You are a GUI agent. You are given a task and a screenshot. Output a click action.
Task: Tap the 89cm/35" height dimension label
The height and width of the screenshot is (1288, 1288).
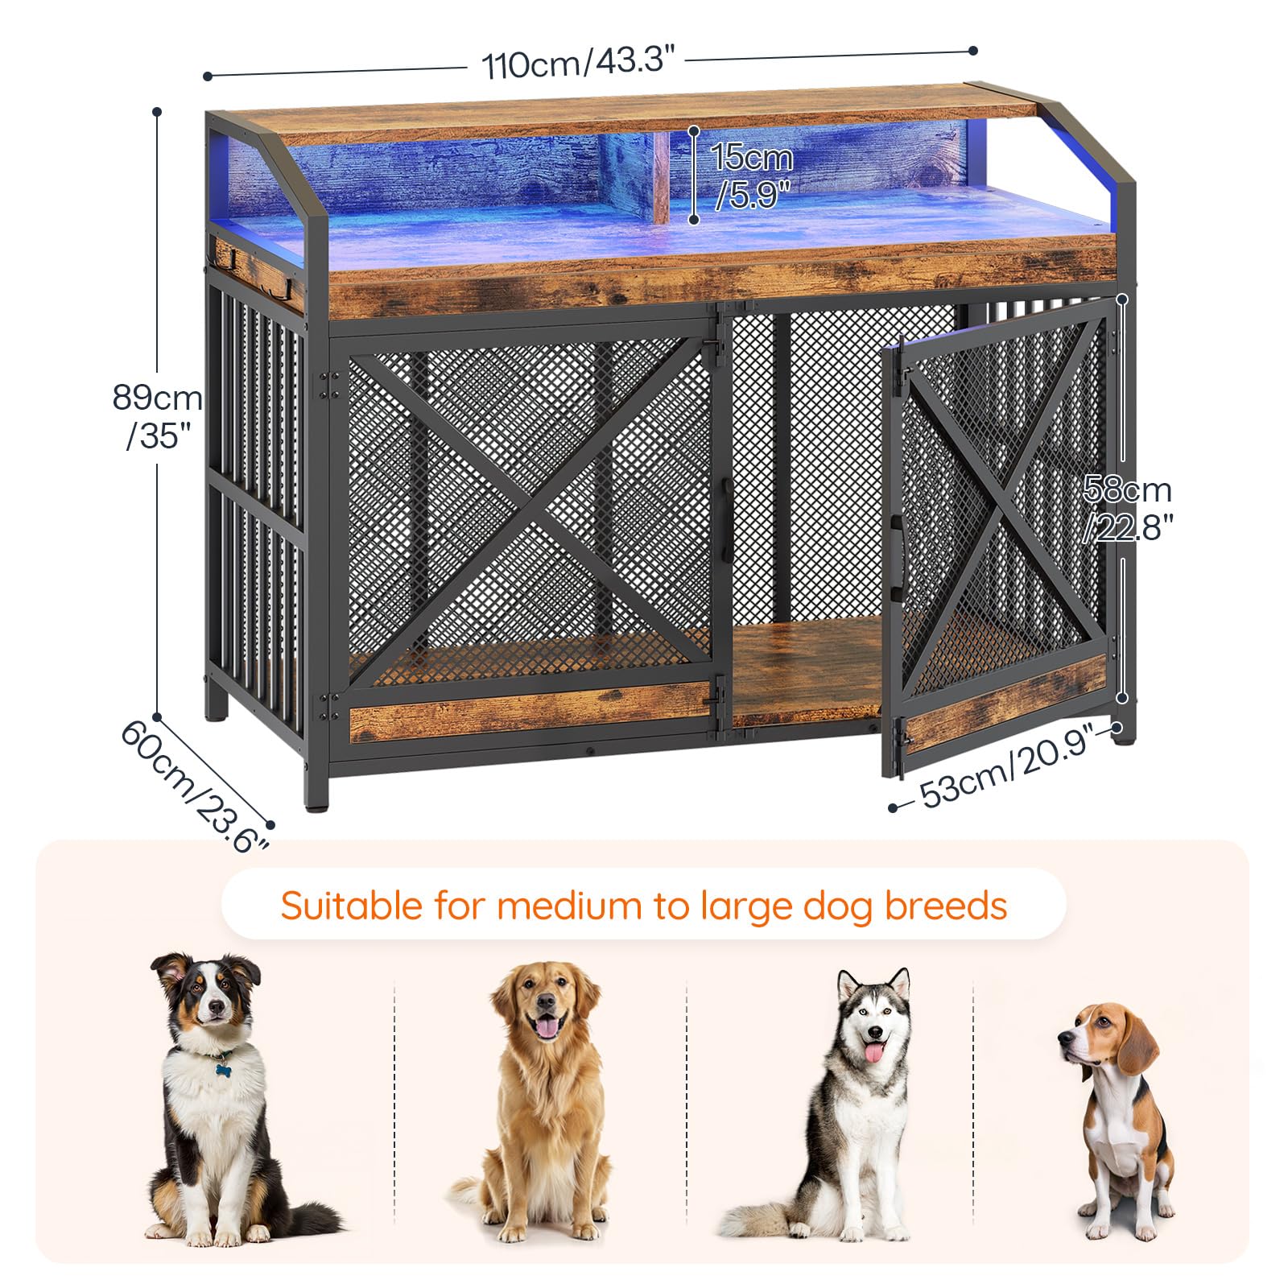click(157, 417)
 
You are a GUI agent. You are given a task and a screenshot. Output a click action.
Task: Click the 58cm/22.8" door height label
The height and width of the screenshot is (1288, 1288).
click(1127, 509)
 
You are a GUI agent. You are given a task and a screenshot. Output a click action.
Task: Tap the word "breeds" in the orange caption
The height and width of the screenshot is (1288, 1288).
click(946, 905)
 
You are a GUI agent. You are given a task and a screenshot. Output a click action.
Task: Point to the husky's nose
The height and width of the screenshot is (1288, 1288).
click(871, 1033)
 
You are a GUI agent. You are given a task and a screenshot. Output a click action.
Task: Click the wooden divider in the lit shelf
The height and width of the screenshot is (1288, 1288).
click(662, 177)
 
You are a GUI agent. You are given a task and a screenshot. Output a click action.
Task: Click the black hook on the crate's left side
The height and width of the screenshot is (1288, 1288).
click(233, 259)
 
